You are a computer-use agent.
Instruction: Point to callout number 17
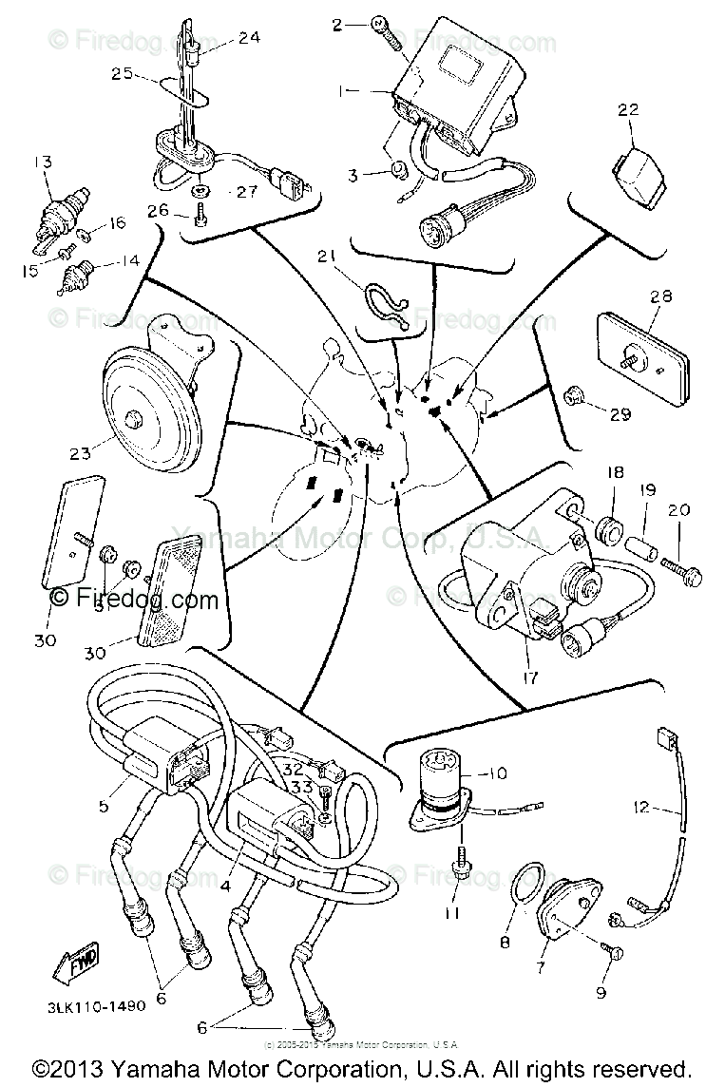pyautogui.click(x=529, y=678)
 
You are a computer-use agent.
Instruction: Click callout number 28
pyautogui.click(x=661, y=296)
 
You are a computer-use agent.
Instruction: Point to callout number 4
pyautogui.click(x=225, y=886)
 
